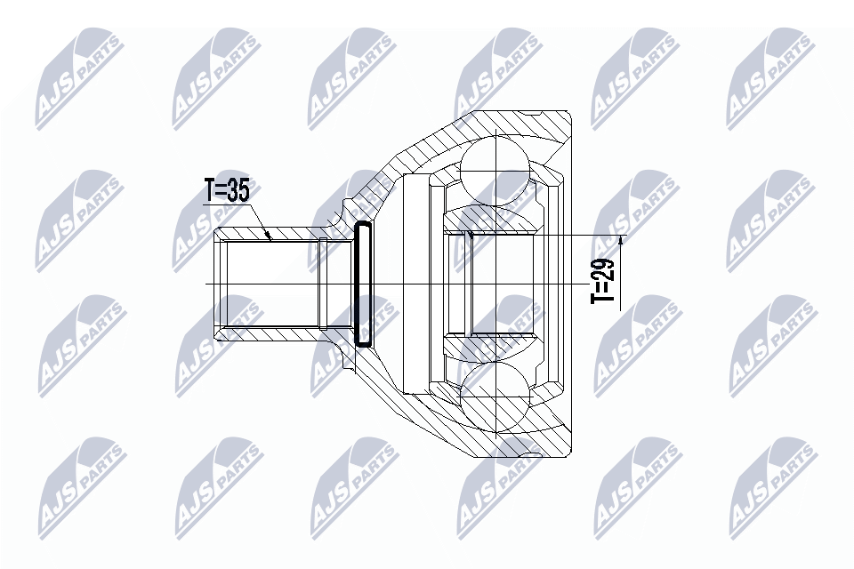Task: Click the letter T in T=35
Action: click(x=210, y=191)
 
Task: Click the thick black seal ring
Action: click(x=364, y=284)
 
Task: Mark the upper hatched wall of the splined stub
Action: click(x=267, y=235)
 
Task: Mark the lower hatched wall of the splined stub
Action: click(x=267, y=333)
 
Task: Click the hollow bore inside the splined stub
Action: click(x=267, y=284)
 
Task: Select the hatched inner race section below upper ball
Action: click(x=494, y=217)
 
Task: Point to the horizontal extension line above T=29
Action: click(x=578, y=235)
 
